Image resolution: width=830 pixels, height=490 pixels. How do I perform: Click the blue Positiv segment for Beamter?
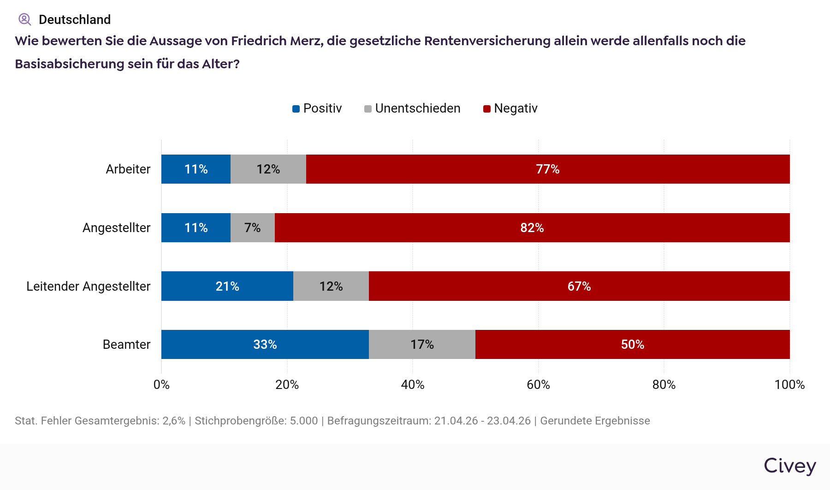pyautogui.click(x=265, y=344)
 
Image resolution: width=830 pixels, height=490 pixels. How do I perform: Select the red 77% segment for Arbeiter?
pyautogui.click(x=547, y=169)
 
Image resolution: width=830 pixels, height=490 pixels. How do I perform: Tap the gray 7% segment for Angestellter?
pyautogui.click(x=252, y=227)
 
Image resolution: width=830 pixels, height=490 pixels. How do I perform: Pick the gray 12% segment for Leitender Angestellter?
pyautogui.click(x=331, y=286)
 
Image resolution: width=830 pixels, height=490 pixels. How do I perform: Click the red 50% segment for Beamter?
pyautogui.click(x=632, y=344)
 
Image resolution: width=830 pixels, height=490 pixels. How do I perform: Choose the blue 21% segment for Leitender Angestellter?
pyautogui.click(x=227, y=286)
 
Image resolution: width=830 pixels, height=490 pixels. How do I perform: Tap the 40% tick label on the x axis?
pyautogui.click(x=412, y=384)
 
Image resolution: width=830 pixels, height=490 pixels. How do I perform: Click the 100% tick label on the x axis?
pyautogui.click(x=789, y=384)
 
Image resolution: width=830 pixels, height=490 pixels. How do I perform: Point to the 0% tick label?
pyautogui.click(x=161, y=384)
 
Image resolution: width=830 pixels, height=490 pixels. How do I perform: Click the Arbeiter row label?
pyautogui.click(x=128, y=169)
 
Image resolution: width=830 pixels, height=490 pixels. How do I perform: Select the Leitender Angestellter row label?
pyautogui.click(x=88, y=286)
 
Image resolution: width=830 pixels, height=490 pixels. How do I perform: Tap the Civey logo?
pyautogui.click(x=789, y=466)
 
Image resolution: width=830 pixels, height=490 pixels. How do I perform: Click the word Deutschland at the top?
pyautogui.click(x=75, y=19)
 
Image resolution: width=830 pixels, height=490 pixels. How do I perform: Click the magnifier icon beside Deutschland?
pyautogui.click(x=24, y=19)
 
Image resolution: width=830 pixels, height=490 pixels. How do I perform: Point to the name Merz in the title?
pyautogui.click(x=307, y=41)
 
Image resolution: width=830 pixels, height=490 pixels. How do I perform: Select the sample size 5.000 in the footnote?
pyautogui.click(x=304, y=421)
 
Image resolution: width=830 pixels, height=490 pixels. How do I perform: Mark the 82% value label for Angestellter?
pyautogui.click(x=532, y=227)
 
